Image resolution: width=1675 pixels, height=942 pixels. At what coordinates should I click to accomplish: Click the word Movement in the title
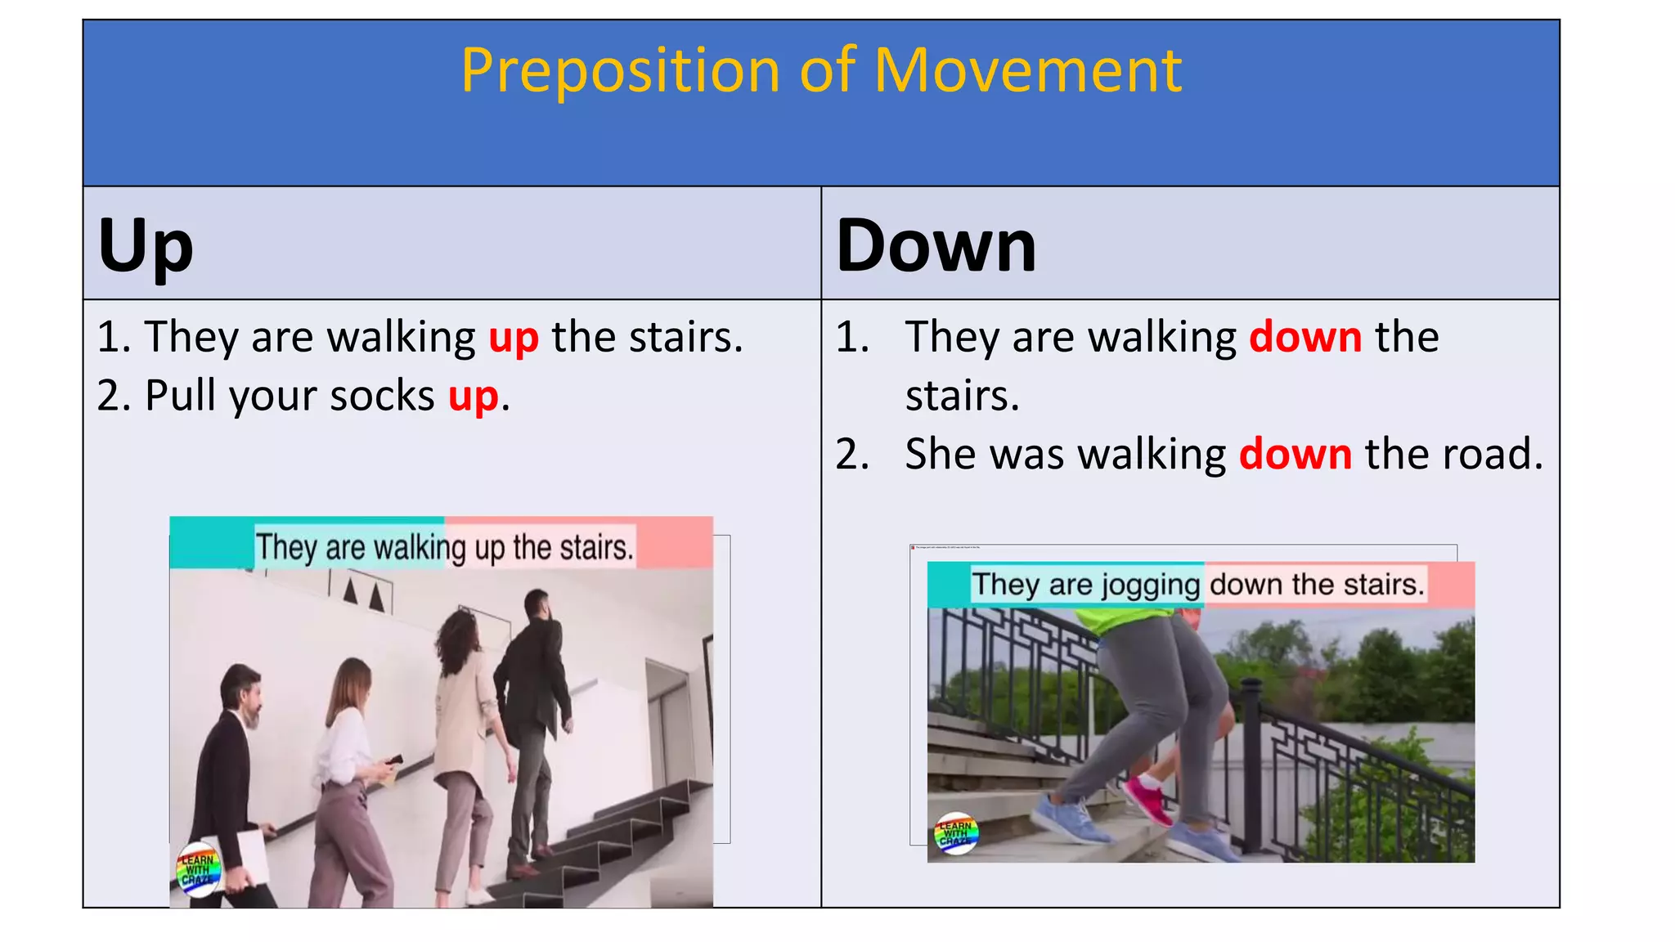coord(1027,70)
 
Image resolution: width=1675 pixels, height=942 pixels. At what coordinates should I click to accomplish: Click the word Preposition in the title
coord(620,72)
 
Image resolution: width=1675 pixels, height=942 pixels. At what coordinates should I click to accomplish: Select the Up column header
coord(146,245)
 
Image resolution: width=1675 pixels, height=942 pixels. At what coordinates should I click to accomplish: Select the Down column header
coord(936,245)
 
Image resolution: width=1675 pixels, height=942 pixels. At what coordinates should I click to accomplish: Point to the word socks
coord(382,397)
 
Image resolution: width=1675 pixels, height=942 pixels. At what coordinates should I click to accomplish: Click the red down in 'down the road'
coord(1295,455)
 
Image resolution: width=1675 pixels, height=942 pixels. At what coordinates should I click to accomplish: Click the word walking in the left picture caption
coord(419,548)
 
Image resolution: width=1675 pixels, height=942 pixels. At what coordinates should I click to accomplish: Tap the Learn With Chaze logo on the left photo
coord(199,870)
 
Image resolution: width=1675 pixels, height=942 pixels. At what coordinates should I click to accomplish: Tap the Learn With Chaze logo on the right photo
coord(955,833)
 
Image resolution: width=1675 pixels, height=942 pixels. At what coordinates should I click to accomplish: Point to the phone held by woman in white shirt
coord(395,760)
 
